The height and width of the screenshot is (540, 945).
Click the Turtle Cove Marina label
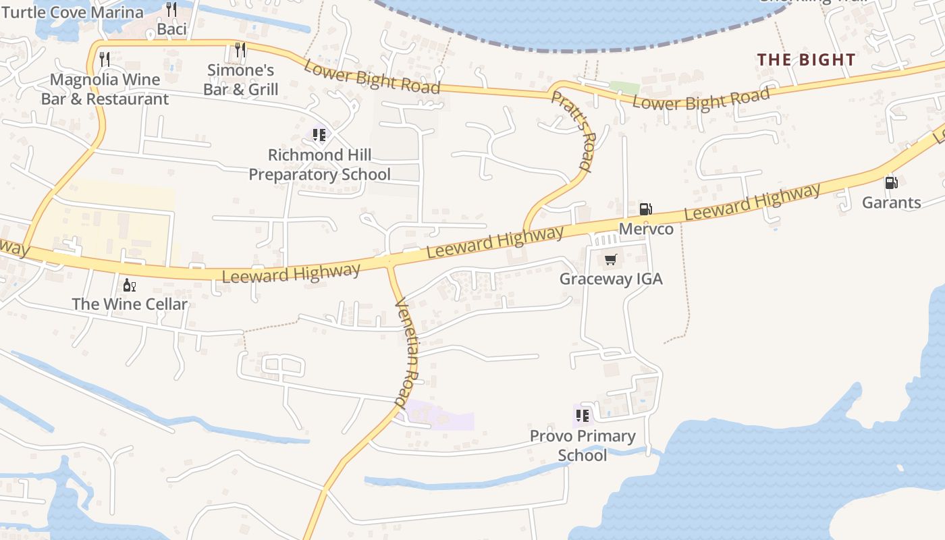pyautogui.click(x=72, y=12)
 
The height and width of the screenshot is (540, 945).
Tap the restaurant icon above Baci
pyautogui.click(x=171, y=9)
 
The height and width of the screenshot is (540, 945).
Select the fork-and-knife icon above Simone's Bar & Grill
pyautogui.click(x=240, y=49)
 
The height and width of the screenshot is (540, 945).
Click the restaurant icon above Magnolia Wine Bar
pyautogui.click(x=104, y=59)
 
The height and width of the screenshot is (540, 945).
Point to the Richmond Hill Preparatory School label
pyautogui.click(x=319, y=165)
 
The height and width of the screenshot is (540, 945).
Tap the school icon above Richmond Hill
pyautogui.click(x=319, y=135)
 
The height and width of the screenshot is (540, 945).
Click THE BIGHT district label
pyautogui.click(x=806, y=59)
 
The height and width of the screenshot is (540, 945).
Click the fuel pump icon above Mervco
pyautogui.click(x=645, y=209)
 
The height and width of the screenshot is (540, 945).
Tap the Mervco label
pyautogui.click(x=646, y=229)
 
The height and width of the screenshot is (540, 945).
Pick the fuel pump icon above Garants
pyautogui.click(x=891, y=182)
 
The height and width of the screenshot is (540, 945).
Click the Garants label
pyautogui.click(x=891, y=202)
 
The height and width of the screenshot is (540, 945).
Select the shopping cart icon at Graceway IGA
pyautogui.click(x=611, y=259)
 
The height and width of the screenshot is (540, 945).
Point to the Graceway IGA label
pyautogui.click(x=611, y=279)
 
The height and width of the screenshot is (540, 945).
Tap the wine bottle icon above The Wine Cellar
pyautogui.click(x=129, y=285)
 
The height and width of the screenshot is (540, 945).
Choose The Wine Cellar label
pyautogui.click(x=130, y=304)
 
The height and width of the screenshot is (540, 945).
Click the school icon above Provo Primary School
pyautogui.click(x=582, y=415)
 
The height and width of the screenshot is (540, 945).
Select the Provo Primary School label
pyautogui.click(x=582, y=446)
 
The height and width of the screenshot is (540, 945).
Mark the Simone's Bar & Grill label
pyautogui.click(x=240, y=80)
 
